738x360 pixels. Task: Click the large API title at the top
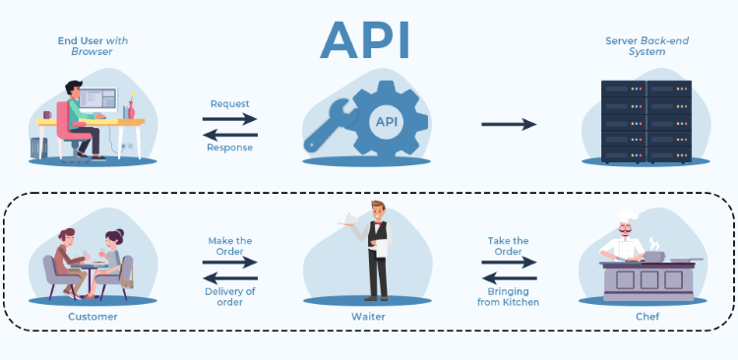366,41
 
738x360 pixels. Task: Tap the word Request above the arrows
229,102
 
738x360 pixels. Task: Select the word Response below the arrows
229,148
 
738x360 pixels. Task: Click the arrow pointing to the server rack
509,124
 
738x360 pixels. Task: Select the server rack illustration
646,122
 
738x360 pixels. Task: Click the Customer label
92,317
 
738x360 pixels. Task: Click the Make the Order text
229,246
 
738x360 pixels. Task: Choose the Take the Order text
508,246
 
